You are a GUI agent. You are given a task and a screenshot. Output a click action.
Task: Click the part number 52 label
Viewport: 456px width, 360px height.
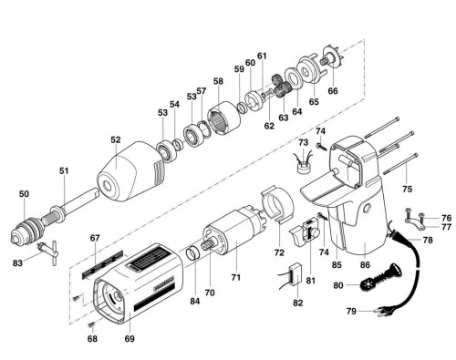coord(116,140)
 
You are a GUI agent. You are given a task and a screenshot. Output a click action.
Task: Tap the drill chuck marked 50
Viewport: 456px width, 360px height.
coord(26,229)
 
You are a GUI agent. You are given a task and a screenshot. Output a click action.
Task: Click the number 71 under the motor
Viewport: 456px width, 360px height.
coord(235,277)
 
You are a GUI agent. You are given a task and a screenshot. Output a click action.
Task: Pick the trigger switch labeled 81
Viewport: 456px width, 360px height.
coord(304,233)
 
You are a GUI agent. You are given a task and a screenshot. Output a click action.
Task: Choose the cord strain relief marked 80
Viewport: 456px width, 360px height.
coord(381,276)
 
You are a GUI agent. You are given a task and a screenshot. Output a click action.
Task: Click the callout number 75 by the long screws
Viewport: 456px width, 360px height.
coord(407,189)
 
